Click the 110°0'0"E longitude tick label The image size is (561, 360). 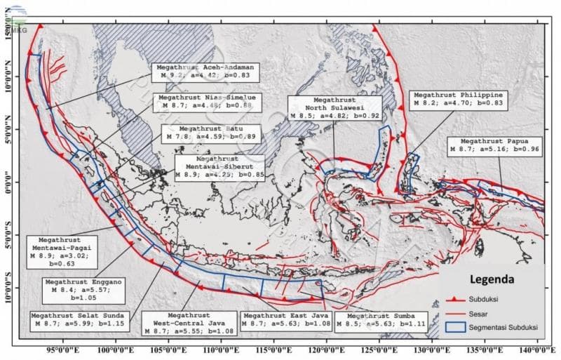click(x=217, y=347)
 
